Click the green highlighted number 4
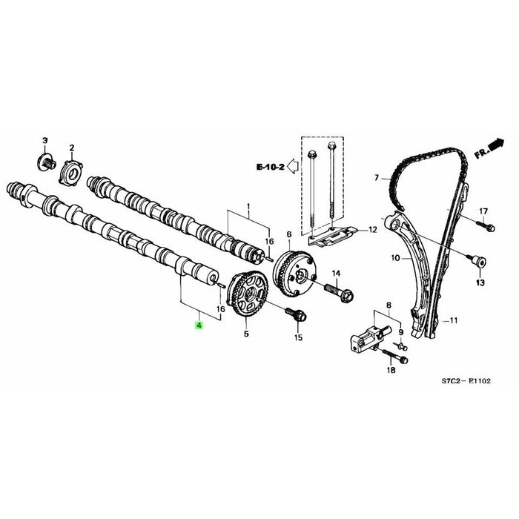click(197, 325)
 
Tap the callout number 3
click(44, 140)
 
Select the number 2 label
click(72, 148)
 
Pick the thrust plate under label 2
click(73, 173)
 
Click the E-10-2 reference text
click(271, 168)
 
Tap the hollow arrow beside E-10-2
click(294, 168)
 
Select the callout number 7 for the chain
click(376, 178)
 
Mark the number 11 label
click(454, 321)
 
